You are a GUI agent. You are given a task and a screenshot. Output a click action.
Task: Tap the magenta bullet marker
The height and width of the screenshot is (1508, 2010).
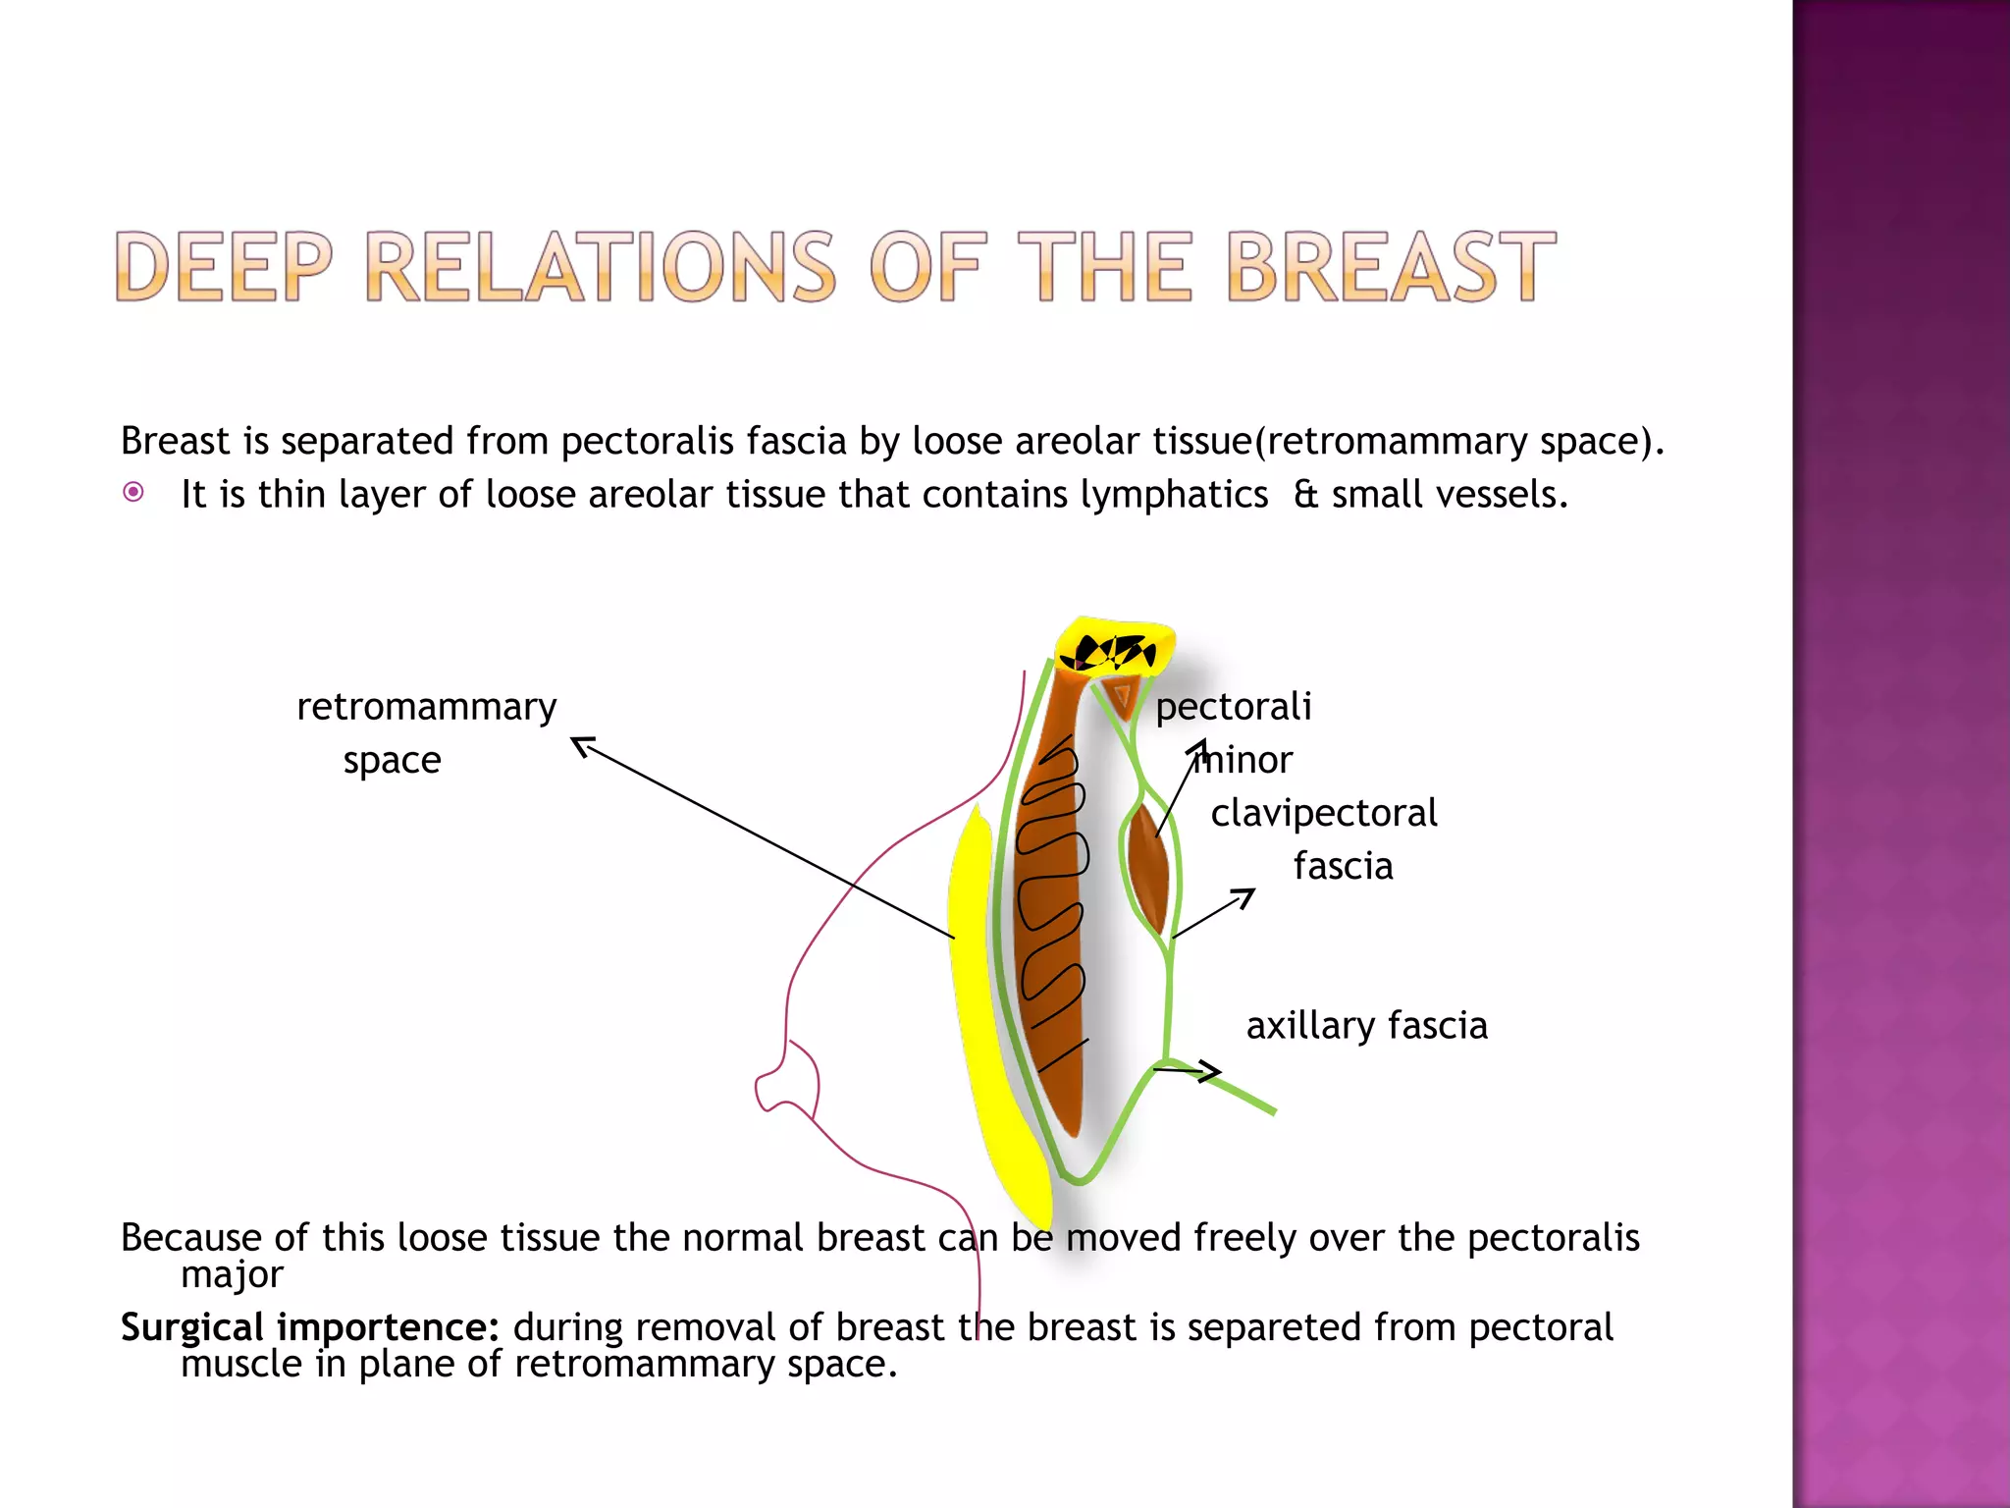133,492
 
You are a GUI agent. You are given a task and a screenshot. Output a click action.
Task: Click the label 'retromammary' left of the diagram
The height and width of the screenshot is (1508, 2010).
426,707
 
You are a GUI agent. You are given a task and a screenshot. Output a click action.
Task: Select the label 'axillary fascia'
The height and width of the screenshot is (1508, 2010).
1366,1026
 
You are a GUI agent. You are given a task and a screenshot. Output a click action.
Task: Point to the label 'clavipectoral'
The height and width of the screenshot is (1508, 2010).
1323,813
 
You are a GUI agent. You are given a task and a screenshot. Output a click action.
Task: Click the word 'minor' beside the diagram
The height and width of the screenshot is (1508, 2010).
1244,760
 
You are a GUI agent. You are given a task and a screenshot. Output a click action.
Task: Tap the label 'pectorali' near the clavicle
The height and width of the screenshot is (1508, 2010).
1233,707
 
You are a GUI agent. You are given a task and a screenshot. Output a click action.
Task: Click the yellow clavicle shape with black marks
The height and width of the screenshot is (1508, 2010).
1115,648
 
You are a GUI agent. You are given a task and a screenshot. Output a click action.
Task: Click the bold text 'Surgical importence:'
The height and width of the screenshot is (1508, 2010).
309,1327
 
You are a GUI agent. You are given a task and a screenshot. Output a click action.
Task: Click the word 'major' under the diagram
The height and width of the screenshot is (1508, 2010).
232,1274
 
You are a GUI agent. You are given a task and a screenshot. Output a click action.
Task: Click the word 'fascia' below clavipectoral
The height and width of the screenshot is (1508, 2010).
1343,867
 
